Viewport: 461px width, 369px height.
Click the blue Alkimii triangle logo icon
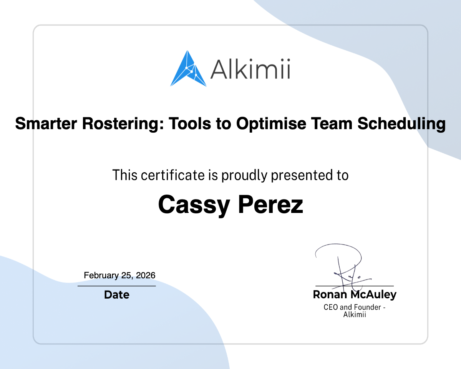pyautogui.click(x=188, y=69)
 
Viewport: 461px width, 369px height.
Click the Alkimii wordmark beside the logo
pyautogui.click(x=250, y=69)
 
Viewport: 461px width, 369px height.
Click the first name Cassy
pyautogui.click(x=194, y=205)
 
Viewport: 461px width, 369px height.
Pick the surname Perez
pyautogui.click(x=270, y=205)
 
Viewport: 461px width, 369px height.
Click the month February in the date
pyautogui.click(x=101, y=275)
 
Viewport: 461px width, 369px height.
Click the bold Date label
pyautogui.click(x=117, y=295)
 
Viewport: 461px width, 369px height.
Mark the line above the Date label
pyautogui.click(x=117, y=286)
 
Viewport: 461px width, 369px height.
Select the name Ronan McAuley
pyautogui.click(x=355, y=295)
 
